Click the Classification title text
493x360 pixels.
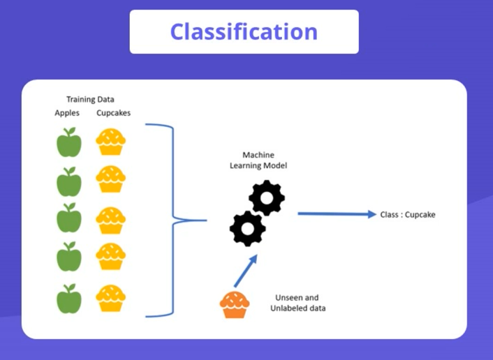click(x=244, y=32)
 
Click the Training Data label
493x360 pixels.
click(x=90, y=99)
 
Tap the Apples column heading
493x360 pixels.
click(x=67, y=112)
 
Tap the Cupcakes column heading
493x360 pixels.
click(x=113, y=112)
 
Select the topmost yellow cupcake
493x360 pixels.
click(x=110, y=142)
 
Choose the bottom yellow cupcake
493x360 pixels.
click(x=110, y=298)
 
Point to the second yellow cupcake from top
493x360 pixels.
click(x=110, y=179)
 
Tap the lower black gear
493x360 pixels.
click(x=246, y=227)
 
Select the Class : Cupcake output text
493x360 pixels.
click(x=407, y=215)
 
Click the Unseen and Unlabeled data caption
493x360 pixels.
click(x=297, y=302)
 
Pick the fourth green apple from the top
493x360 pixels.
click(x=69, y=257)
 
